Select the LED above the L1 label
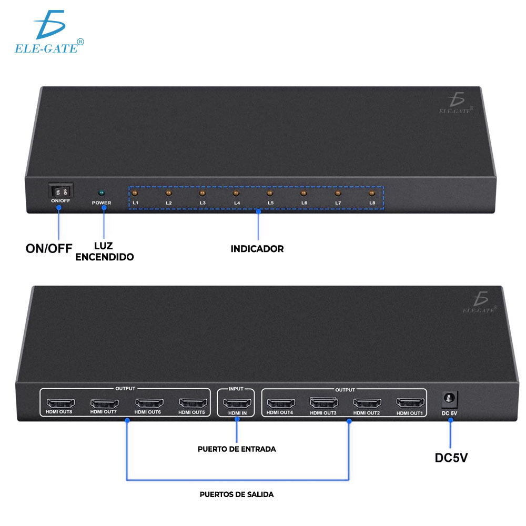(135, 193)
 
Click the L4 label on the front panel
(237, 203)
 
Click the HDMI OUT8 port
(59, 403)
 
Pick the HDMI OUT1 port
(410, 403)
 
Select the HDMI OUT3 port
(323, 403)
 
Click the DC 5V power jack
(450, 399)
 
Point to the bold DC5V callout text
(451, 457)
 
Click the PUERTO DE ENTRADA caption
(237, 449)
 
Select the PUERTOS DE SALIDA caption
(237, 494)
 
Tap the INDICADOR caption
(257, 249)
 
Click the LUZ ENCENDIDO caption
(105, 252)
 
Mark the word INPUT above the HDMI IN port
(236, 390)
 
